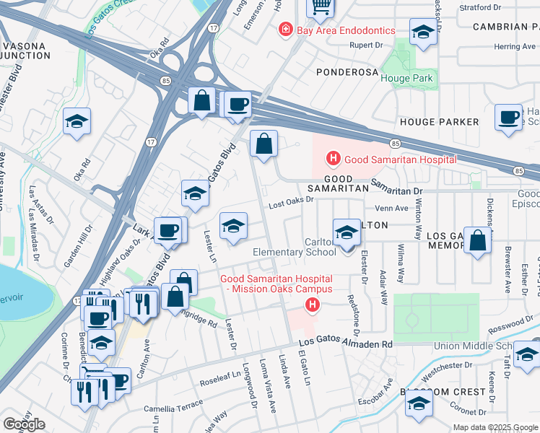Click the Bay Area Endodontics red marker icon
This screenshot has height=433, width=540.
tap(287, 30)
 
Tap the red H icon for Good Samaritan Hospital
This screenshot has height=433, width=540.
tap(333, 159)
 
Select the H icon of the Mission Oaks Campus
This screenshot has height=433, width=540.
tap(312, 307)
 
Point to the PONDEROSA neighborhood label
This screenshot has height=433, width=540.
tap(348, 72)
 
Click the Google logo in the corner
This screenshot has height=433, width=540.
tap(24, 424)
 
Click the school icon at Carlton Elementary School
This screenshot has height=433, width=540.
tap(347, 232)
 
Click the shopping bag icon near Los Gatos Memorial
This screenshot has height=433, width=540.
tap(477, 242)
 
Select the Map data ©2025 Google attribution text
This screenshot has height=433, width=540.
tap(495, 427)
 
